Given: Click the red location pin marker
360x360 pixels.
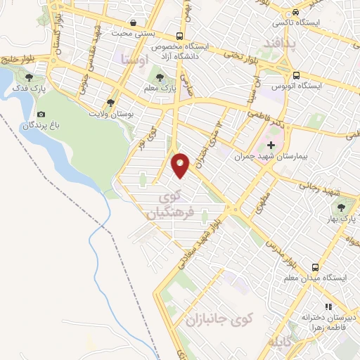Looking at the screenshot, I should pyautogui.click(x=181, y=165).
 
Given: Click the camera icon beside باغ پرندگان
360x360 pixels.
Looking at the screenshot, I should pyautogui.click(x=41, y=115).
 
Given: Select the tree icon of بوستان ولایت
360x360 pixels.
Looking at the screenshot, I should pyautogui.click(x=110, y=103).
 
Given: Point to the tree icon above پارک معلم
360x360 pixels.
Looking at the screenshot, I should pyautogui.click(x=161, y=77).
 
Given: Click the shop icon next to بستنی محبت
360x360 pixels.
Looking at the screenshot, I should pyautogui.click(x=133, y=23).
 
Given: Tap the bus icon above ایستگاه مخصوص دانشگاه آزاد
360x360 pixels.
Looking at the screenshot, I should pyautogui.click(x=181, y=35).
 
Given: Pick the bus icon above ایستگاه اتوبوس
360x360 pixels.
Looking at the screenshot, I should pyautogui.click(x=296, y=75).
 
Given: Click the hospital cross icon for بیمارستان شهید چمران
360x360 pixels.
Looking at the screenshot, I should pyautogui.click(x=271, y=144).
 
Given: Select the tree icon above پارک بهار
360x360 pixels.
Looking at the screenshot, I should pyautogui.click(x=342, y=207).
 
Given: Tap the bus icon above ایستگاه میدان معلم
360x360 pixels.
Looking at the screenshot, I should pyautogui.click(x=315, y=268).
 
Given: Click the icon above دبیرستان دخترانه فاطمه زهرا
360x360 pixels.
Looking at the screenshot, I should pyautogui.click(x=327, y=307).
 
